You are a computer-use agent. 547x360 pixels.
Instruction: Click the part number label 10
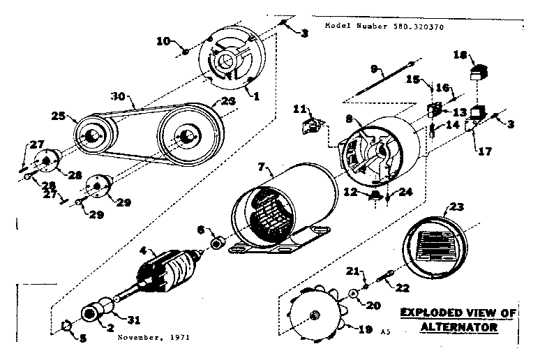[x=162, y=41]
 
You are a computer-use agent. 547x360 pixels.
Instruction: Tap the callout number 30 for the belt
[x=119, y=96]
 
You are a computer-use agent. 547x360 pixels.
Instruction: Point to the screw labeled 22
[x=385, y=278]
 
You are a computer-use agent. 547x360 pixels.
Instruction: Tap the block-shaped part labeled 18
[x=480, y=70]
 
